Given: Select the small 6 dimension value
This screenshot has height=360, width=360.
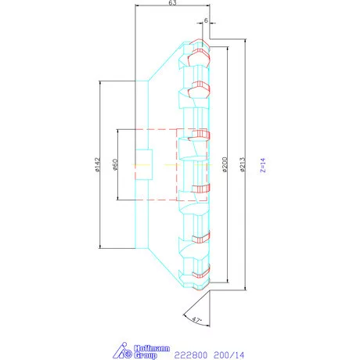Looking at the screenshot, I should (205, 20).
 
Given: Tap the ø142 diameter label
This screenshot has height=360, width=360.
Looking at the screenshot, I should (97, 165).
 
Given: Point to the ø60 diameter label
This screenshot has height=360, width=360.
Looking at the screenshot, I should (114, 165).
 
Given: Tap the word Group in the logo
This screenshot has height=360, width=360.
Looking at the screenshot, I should (144, 355).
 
